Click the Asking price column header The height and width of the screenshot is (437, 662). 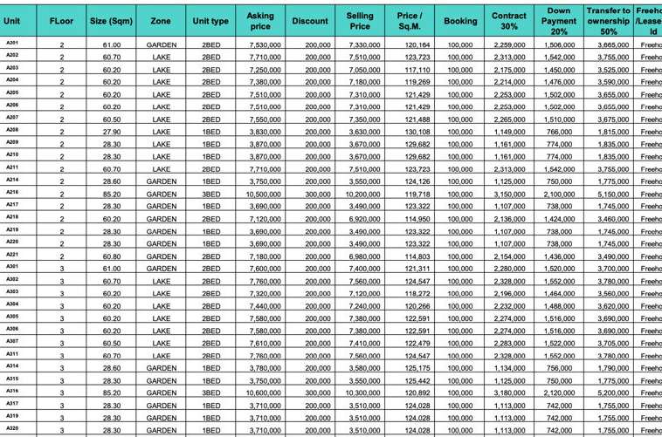point(260,21)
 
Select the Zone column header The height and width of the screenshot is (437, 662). point(161,21)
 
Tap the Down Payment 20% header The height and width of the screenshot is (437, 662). point(559,21)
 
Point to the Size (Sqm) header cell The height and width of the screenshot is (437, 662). point(111,21)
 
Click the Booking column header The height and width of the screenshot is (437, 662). point(460,21)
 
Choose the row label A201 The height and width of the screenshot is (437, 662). point(12,43)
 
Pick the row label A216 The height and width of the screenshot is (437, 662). point(12,192)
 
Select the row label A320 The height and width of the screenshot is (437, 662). point(12,428)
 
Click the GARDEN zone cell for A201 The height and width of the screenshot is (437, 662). point(161,44)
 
